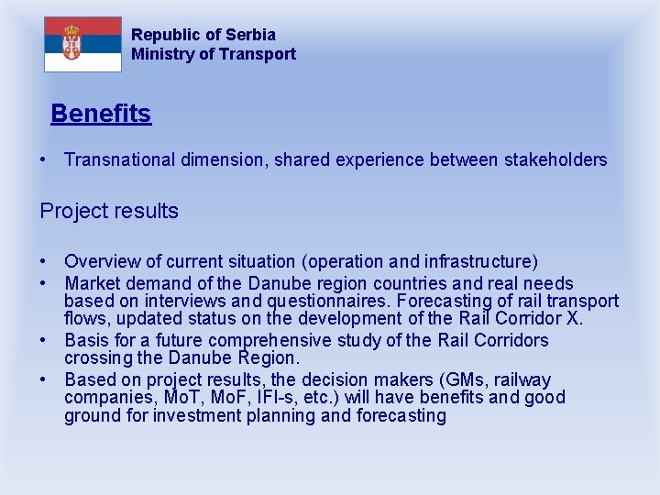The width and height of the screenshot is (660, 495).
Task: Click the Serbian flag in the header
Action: [x=82, y=44]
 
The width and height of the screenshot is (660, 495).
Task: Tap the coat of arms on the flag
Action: [x=71, y=43]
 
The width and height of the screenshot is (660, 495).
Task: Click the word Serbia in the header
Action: [x=250, y=35]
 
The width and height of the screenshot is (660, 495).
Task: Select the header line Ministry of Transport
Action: [x=214, y=54]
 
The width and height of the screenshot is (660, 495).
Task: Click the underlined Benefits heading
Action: [x=101, y=115]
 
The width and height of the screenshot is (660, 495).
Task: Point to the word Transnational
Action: [x=118, y=160]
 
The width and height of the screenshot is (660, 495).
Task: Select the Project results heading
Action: [x=109, y=211]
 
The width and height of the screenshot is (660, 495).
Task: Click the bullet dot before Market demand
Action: [x=44, y=284]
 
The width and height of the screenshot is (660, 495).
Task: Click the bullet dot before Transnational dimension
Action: [x=44, y=160]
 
